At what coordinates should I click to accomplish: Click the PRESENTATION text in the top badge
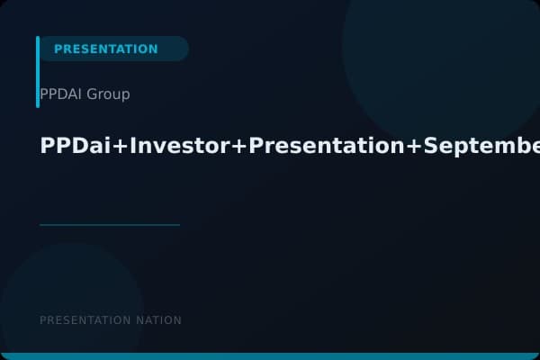tap(105, 49)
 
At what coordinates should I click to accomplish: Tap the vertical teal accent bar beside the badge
tap(38, 72)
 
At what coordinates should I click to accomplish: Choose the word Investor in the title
tap(180, 147)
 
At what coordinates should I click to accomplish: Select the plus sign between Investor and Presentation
tap(239, 148)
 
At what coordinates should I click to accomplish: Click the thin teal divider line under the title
tap(110, 225)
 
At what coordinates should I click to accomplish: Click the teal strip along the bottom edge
tap(270, 356)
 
